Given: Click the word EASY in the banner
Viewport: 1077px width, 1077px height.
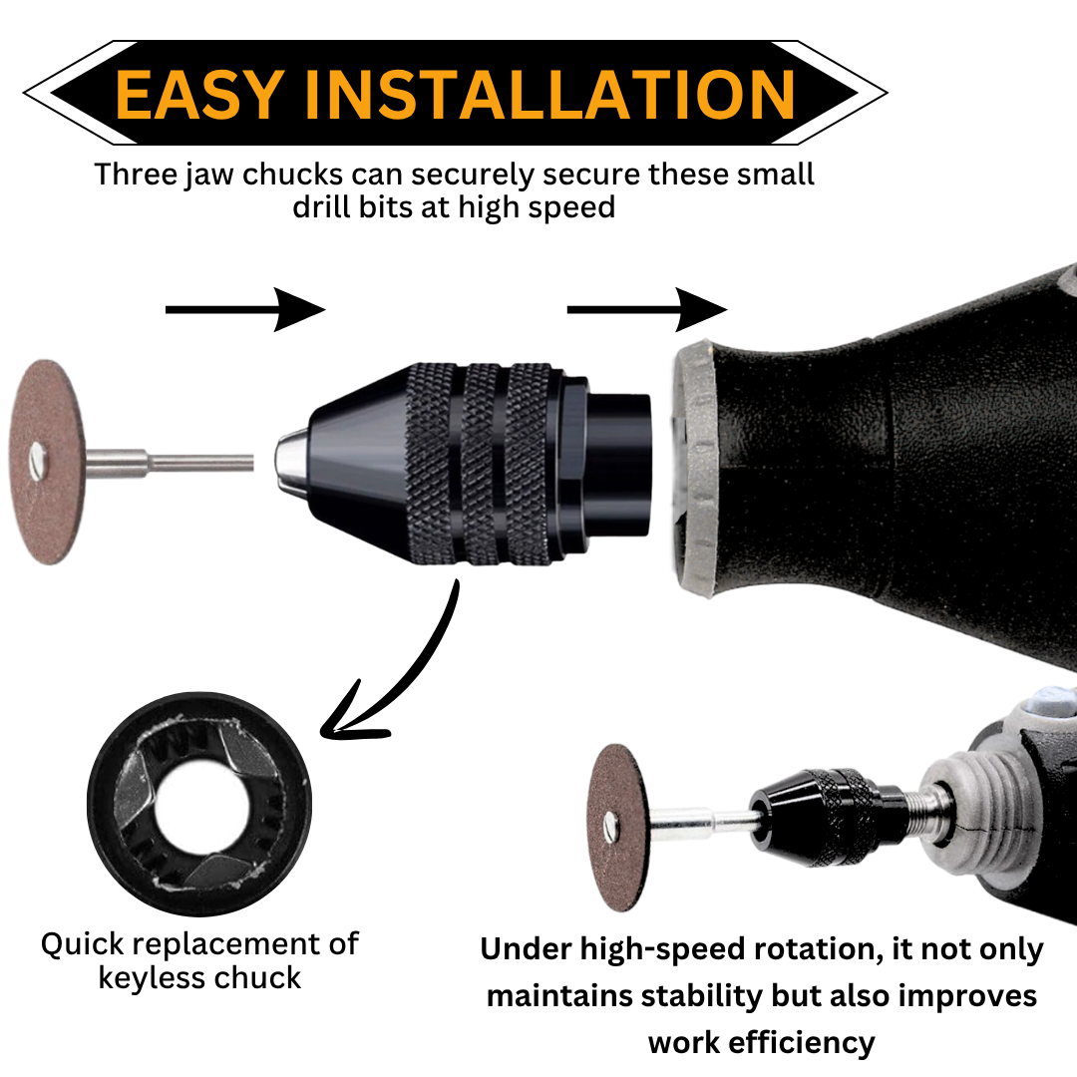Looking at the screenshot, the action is [199, 94].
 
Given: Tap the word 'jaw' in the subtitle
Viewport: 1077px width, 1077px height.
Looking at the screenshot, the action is [209, 176].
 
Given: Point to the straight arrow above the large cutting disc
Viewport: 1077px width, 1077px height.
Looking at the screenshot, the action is [244, 310].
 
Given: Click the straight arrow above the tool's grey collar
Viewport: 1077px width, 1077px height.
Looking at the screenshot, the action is [646, 310].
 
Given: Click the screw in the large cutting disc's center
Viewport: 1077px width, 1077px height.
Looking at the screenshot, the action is [37, 461].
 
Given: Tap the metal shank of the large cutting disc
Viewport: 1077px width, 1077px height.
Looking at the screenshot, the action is [170, 462].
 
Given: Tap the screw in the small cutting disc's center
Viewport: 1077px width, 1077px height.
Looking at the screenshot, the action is [611, 827].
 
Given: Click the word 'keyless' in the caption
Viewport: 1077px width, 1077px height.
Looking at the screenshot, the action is [149, 979].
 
